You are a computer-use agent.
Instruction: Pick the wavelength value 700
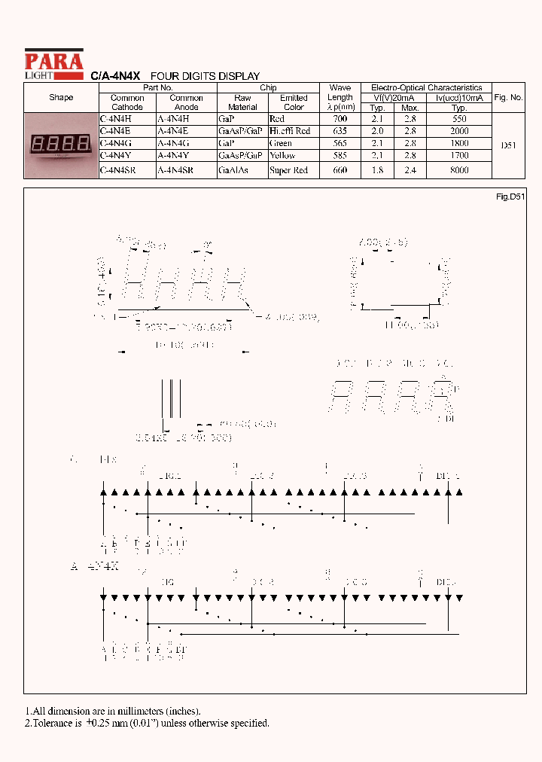coord(340,119)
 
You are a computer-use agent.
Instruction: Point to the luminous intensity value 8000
coord(458,170)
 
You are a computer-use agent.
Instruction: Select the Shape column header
coord(61,98)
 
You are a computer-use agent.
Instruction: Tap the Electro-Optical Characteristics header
coord(426,88)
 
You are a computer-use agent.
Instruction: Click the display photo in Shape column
coord(61,144)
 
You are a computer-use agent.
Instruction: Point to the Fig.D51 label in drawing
coord(510,197)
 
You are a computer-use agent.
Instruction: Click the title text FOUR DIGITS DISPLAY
coord(205,76)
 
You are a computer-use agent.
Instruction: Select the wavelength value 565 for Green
coord(340,143)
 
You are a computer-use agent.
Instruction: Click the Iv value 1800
coord(458,143)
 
